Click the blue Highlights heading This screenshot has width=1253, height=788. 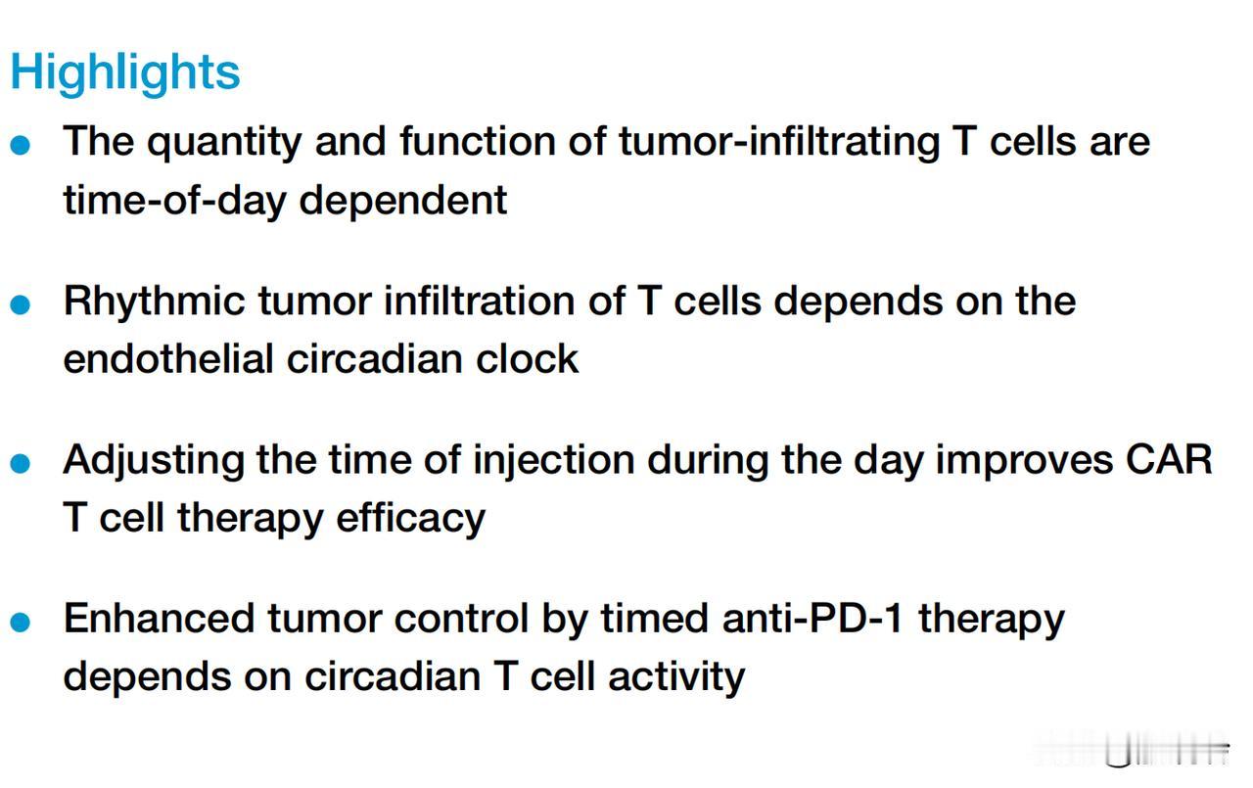[x=125, y=72]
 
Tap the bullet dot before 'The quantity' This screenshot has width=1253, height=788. [x=21, y=144]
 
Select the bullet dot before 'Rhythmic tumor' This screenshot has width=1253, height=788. [x=21, y=304]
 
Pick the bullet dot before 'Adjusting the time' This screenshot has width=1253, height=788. [x=21, y=463]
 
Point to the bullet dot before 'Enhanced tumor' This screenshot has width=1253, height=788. [x=21, y=622]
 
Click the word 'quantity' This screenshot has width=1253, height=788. [x=224, y=143]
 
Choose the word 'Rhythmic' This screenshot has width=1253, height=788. [x=155, y=302]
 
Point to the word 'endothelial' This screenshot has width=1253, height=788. [x=167, y=358]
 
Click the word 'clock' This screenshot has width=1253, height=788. [x=527, y=358]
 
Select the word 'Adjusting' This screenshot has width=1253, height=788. [x=154, y=462]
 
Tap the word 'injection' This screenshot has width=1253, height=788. [x=554, y=462]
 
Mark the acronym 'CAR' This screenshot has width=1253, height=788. [x=1169, y=460]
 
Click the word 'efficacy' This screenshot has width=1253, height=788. [x=410, y=520]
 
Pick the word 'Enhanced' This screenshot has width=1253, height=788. [x=160, y=619]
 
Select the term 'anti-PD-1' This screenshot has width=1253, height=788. [x=812, y=619]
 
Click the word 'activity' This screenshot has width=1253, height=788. [x=676, y=677]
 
